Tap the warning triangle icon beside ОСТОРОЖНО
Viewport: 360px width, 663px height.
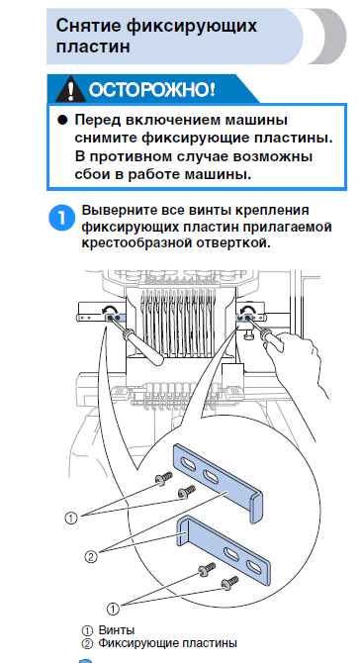(x=70, y=90)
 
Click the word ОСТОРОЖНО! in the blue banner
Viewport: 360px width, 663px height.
(x=151, y=90)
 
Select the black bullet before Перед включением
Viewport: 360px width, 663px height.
(x=62, y=121)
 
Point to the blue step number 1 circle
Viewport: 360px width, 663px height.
(x=62, y=218)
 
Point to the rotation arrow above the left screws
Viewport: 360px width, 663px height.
(x=106, y=311)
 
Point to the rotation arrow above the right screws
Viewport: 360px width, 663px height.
(x=247, y=310)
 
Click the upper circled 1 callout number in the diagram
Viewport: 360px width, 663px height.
(x=71, y=518)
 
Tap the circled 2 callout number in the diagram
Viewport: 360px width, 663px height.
(x=91, y=557)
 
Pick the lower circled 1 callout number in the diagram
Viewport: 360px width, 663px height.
(x=113, y=609)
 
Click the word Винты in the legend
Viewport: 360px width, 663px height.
(x=117, y=630)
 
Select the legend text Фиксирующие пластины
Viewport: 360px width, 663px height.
(x=168, y=643)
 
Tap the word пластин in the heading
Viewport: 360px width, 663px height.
(x=93, y=47)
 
